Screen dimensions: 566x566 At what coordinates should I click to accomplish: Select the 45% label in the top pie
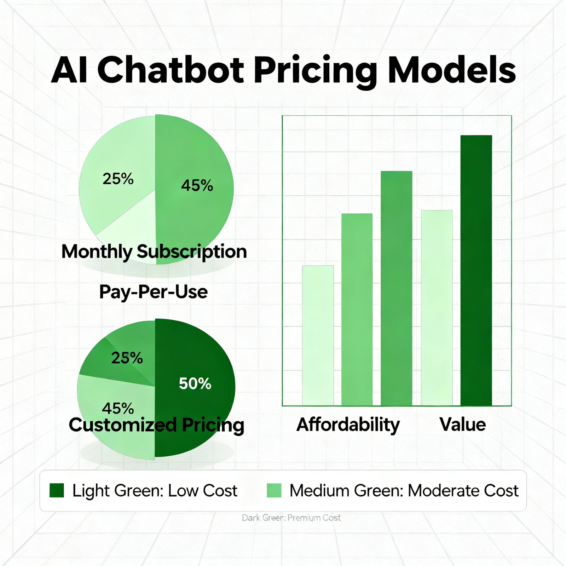(197, 185)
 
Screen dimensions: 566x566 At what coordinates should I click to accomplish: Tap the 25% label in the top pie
(118, 179)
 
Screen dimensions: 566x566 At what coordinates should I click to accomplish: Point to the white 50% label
(195, 383)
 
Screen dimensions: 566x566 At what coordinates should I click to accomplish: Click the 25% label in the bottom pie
(127, 358)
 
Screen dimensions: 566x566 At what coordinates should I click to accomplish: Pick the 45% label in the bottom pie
(118, 409)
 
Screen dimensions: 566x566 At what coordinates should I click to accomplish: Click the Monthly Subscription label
(154, 252)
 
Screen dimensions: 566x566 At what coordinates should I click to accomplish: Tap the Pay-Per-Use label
(153, 292)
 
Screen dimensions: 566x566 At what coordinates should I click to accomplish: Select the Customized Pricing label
(156, 425)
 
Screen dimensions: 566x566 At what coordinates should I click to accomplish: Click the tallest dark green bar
(476, 270)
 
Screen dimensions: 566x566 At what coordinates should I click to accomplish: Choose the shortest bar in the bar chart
(318, 335)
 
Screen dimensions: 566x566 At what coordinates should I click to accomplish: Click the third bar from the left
(396, 288)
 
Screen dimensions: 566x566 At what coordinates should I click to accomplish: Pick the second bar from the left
(357, 309)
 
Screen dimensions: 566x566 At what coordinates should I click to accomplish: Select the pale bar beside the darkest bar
(437, 308)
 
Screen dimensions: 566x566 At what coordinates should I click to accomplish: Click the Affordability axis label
(348, 424)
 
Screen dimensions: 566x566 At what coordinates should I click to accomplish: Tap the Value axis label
(463, 424)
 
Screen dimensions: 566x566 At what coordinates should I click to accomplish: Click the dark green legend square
(57, 491)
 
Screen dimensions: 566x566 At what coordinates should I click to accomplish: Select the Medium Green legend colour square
(274, 491)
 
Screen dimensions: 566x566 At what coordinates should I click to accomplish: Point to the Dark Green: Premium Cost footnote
(291, 518)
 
